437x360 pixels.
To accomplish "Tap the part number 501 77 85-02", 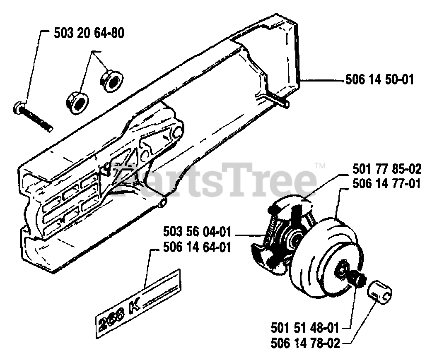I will pyautogui.click(x=387, y=169).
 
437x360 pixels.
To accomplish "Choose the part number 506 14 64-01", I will pyautogui.click(x=198, y=247).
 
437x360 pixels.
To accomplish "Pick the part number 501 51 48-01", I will pyautogui.click(x=305, y=329).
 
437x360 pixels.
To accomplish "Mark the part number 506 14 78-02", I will pyautogui.click(x=305, y=343).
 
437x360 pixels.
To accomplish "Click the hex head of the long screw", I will pyautogui.click(x=20, y=108).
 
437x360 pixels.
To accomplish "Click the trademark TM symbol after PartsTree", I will pyautogui.click(x=320, y=166).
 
